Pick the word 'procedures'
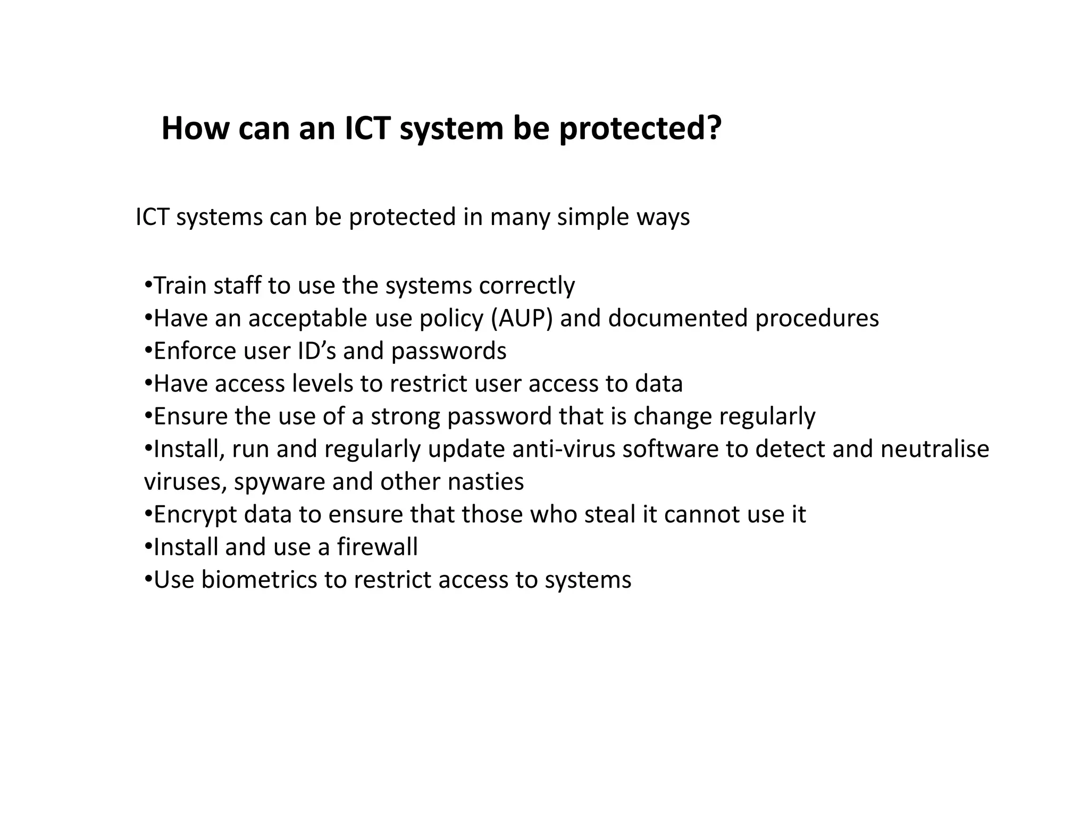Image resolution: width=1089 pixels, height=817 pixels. pyautogui.click(x=817, y=318)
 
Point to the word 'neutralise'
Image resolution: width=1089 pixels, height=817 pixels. pyautogui.click(x=935, y=449)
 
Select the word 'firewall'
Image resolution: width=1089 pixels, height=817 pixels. pyautogui.click(x=378, y=547)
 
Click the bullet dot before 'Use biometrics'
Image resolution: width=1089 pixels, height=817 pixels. pyautogui.click(x=148, y=580)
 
